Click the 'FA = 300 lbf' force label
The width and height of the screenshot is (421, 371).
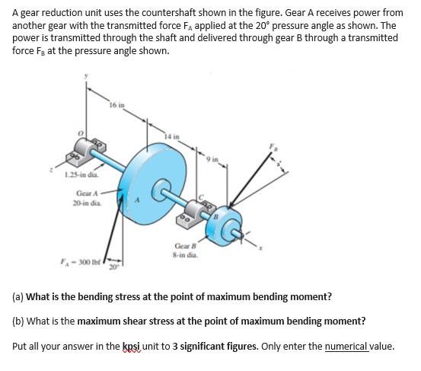click(x=81, y=262)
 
